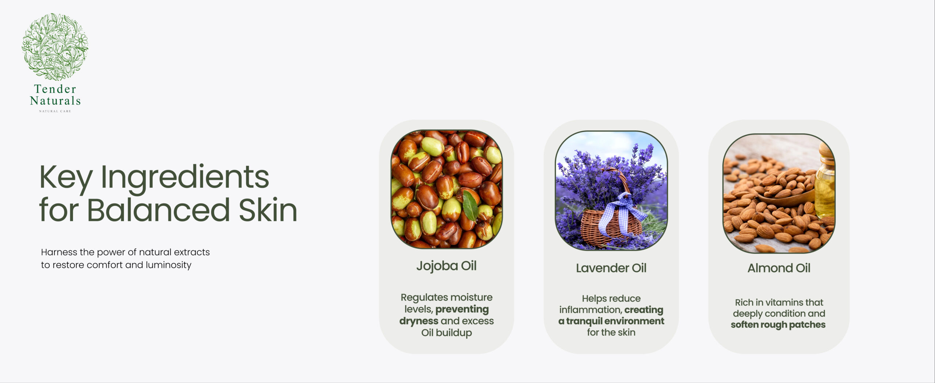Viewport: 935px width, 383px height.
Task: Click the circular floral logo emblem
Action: (55, 47)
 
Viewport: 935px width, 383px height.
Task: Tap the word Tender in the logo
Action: (55, 89)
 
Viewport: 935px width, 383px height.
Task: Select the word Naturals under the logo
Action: (55, 100)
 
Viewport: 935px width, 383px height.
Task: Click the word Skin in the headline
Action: (268, 210)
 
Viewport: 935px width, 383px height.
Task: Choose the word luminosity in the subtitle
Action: (168, 265)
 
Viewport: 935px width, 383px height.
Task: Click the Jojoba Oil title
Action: (446, 266)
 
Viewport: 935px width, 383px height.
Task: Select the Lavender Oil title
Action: (611, 268)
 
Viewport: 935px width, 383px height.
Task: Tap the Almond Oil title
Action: (779, 268)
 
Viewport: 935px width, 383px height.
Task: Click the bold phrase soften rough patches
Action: (778, 325)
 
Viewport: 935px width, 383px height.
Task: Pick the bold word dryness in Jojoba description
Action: (419, 321)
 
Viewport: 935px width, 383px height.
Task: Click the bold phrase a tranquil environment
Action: (611, 321)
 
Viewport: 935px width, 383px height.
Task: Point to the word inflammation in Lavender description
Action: (590, 310)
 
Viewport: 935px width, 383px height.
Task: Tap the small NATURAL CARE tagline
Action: (55, 111)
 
